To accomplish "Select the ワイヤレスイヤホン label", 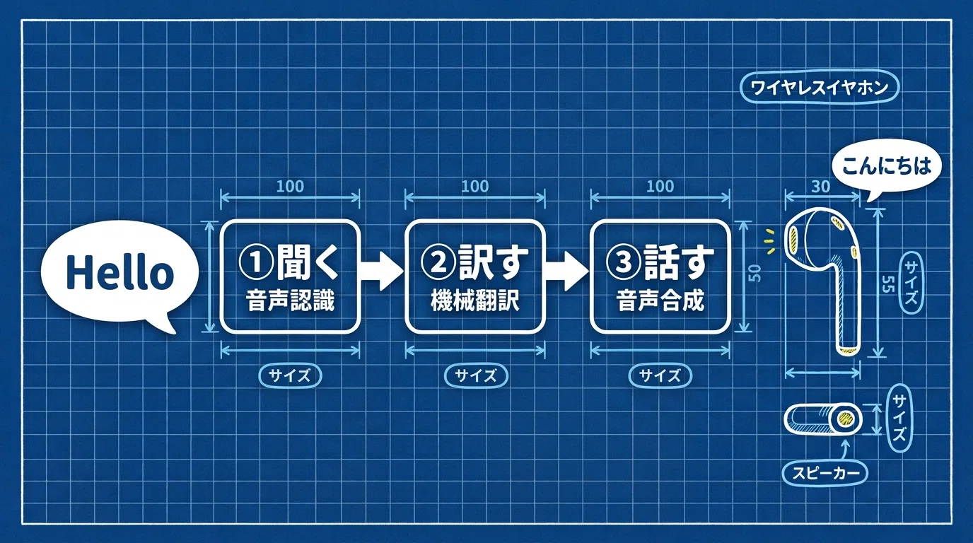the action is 820,88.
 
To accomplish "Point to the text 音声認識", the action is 290,300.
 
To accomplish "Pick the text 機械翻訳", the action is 474,300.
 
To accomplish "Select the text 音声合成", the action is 660,300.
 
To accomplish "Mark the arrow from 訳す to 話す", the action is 567,270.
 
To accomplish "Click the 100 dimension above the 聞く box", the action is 290,187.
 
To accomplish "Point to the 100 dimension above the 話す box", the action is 660,187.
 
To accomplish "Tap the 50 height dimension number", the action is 756,273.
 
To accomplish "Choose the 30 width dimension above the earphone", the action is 820,187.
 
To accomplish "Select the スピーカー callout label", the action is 825,472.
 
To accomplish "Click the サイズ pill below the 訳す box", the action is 476,375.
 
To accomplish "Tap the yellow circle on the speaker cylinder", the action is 845,419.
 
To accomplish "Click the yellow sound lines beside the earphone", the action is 770,240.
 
